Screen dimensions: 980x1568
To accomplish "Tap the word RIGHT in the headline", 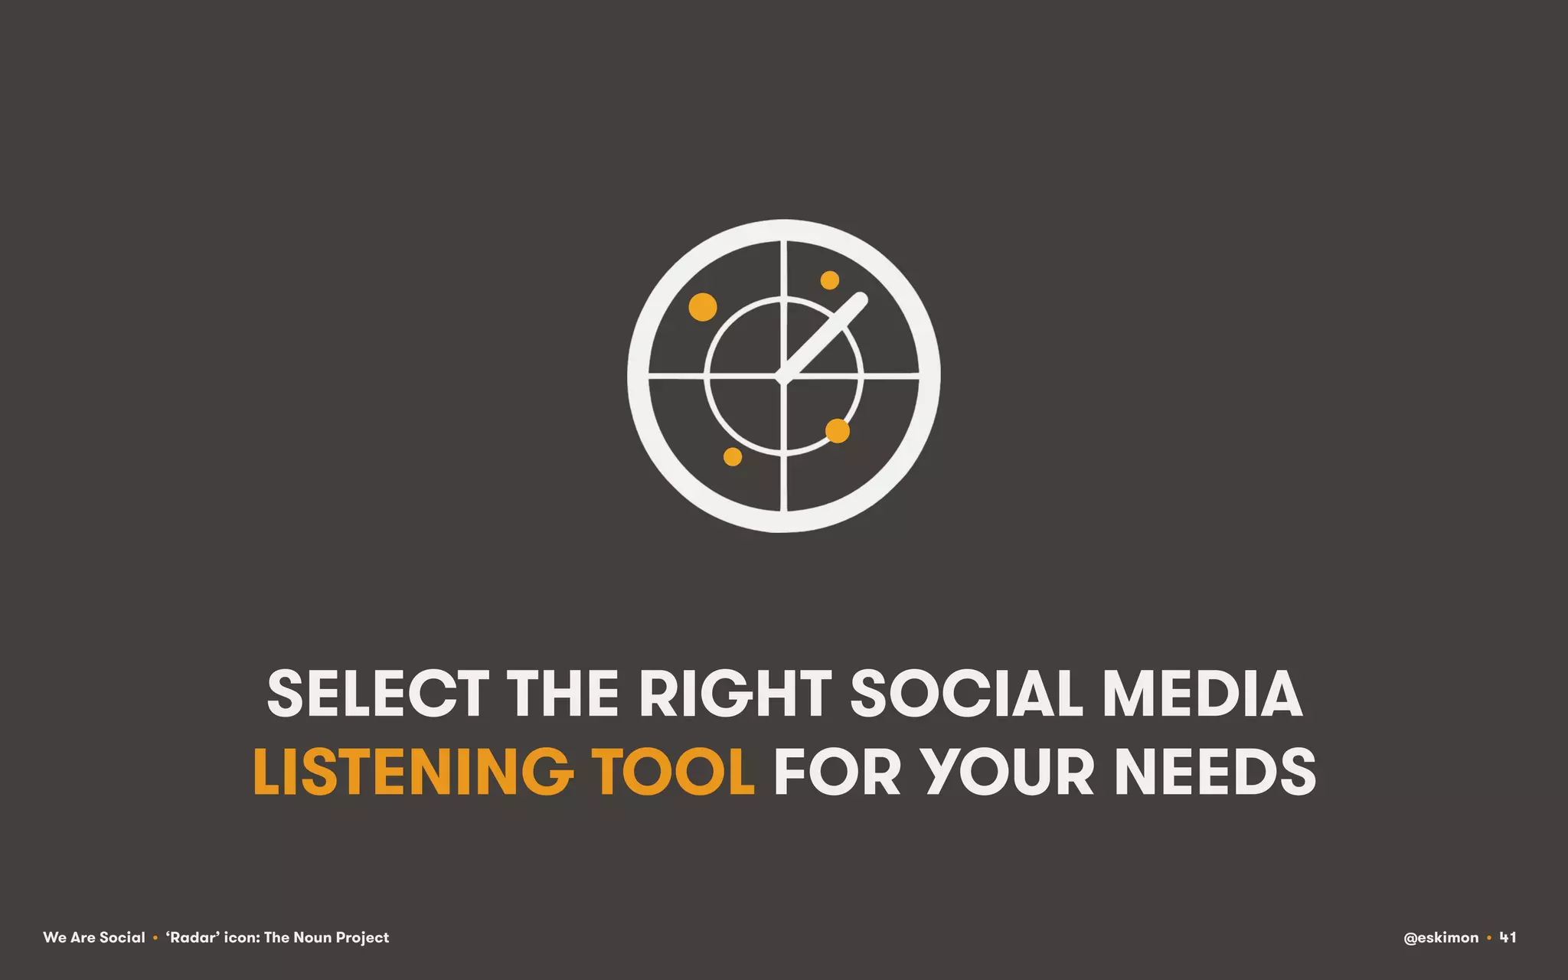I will pos(735,694).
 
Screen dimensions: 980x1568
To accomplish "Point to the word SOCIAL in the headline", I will pos(966,694).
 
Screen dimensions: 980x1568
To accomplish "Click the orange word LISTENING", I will pos(413,771).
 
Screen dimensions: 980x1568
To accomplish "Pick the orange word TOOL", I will pos(673,771).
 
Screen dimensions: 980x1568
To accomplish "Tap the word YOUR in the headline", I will pos(1007,771).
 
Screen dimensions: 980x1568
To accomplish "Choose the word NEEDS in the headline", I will pos(1215,771).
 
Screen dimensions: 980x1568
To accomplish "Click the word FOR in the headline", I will pos(837,771).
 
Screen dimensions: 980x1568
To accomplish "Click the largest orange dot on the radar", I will pos(703,307).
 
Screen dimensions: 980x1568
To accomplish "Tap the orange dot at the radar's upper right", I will pos(830,280).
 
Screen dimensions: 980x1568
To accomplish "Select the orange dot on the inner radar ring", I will pos(838,431).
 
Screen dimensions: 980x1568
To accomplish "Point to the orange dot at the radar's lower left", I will pos(733,457).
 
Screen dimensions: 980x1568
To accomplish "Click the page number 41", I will pos(1508,937).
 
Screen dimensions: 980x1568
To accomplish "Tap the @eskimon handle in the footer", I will pos(1441,937).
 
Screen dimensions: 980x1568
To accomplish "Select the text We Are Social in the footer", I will pos(94,937).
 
